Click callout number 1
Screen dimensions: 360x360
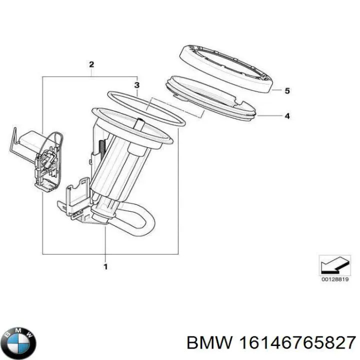[105, 267]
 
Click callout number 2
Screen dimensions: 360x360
[91, 64]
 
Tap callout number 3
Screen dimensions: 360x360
[137, 85]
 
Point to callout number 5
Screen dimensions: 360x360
[287, 91]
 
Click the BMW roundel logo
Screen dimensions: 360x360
[19, 342]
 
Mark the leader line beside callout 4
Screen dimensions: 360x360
[270, 116]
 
